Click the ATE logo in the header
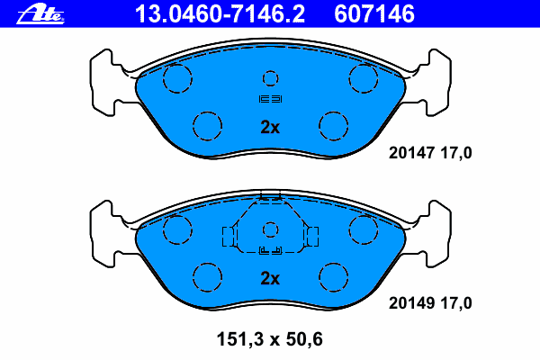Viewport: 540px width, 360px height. click(x=40, y=14)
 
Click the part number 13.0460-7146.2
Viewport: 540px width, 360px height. click(x=220, y=14)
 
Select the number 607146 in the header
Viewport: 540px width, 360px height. click(x=374, y=14)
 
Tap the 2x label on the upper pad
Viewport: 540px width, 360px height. click(x=270, y=127)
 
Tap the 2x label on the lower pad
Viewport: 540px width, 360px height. click(x=270, y=278)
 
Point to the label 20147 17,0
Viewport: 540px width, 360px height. click(x=430, y=153)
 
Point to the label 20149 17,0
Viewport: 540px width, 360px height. click(x=430, y=303)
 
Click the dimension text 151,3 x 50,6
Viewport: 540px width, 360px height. click(x=270, y=339)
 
